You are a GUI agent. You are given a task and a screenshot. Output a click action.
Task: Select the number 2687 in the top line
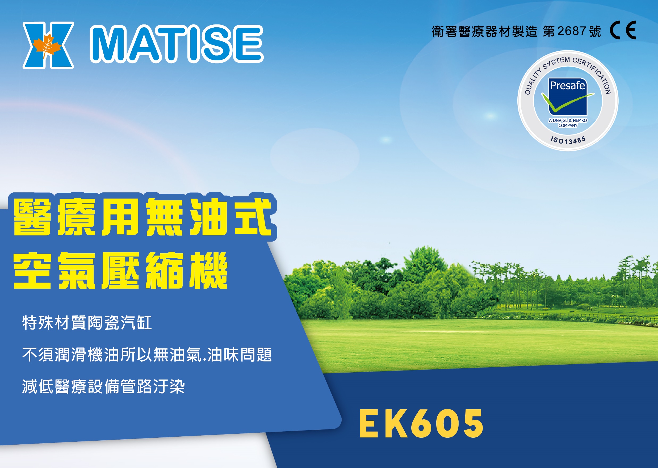pos(572,31)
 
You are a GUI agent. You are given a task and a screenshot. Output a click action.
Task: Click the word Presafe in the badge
pos(568,86)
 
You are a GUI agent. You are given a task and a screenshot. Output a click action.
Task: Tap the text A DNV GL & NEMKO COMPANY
pos(568,123)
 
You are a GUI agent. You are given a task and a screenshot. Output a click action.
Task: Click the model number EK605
pos(421,424)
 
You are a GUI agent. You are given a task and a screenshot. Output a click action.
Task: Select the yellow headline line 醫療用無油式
pos(143,217)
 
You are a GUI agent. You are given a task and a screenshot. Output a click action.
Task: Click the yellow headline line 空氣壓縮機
pos(120,270)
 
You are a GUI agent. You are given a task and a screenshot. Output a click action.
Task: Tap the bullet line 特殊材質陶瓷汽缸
pos(87,323)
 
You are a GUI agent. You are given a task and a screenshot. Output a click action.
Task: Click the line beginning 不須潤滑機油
pos(147,355)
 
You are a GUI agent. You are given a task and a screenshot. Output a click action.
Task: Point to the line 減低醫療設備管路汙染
pos(103,386)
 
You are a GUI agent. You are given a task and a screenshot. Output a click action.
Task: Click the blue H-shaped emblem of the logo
pos(48,45)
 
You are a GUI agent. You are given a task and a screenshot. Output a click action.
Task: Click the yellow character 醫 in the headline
pos(32,217)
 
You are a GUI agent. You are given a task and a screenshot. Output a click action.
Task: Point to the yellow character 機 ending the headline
pos(209,270)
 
